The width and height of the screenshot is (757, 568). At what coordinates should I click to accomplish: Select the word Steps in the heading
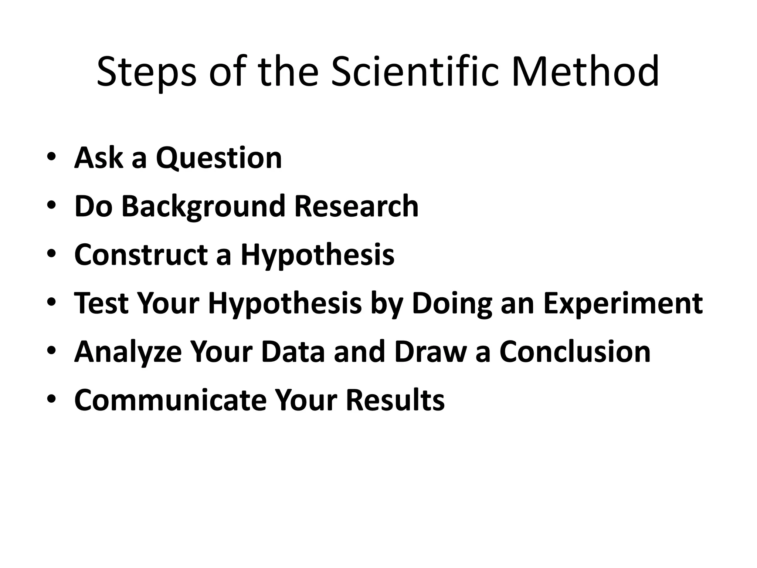pyautogui.click(x=146, y=72)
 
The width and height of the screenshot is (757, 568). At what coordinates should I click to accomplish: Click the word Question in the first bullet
pyautogui.click(x=219, y=158)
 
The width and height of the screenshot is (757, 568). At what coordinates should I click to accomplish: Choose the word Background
pyautogui.click(x=203, y=207)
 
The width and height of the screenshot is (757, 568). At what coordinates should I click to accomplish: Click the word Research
pyautogui.click(x=356, y=206)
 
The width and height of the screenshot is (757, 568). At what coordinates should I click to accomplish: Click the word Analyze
pyautogui.click(x=128, y=352)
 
